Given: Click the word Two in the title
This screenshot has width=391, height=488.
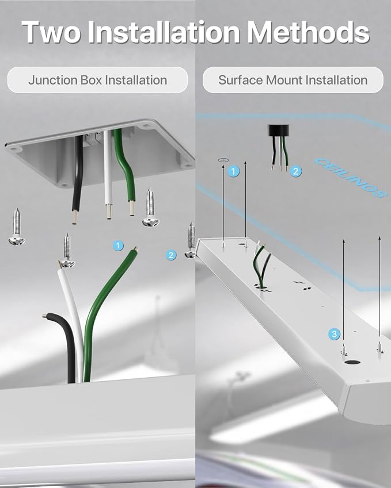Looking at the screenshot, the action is [51, 32].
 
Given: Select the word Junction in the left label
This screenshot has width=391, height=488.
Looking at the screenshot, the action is [53, 80].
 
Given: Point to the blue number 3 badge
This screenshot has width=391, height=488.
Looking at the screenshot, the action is [334, 334].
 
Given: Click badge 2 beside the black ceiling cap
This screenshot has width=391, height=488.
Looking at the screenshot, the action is [295, 171].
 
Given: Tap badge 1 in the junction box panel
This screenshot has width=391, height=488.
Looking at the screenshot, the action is [118, 245].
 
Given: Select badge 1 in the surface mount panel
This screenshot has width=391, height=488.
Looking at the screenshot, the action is [234, 171].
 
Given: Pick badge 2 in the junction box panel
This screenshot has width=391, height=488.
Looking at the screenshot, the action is [170, 255].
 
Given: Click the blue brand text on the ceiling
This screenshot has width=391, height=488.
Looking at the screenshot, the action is [349, 178].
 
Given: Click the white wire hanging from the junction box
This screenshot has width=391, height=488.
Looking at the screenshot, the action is [108, 174].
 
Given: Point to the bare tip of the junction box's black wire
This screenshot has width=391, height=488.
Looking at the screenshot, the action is [74, 217].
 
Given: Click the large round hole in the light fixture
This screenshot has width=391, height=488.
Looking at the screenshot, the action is [352, 362].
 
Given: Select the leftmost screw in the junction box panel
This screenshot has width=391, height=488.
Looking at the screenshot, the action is [17, 227].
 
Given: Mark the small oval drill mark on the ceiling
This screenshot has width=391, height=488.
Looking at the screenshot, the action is [223, 160].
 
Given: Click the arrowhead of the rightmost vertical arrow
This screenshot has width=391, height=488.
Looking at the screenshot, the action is [379, 238].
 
